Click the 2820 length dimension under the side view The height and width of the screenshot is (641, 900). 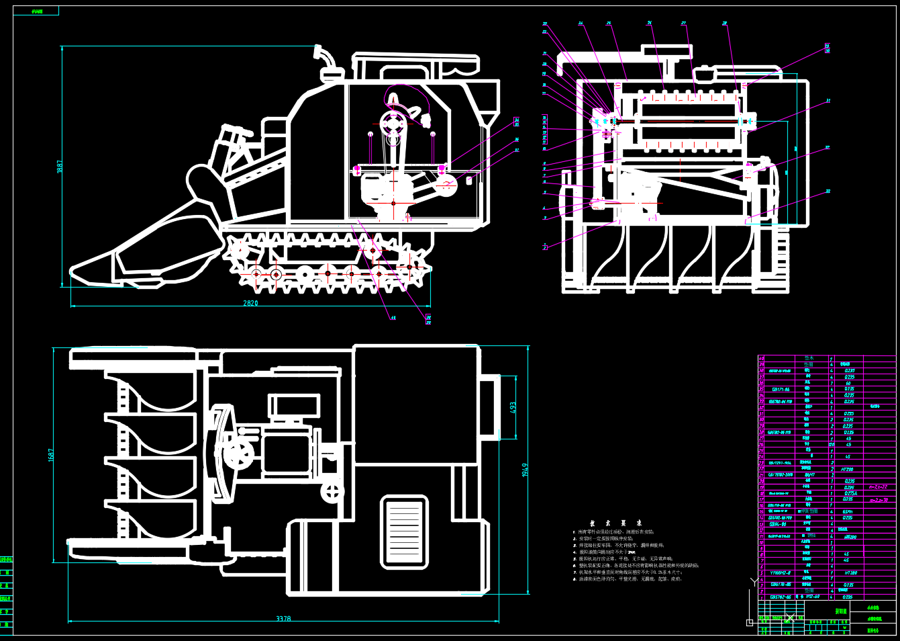[250, 303]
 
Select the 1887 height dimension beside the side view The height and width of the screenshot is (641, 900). [60, 167]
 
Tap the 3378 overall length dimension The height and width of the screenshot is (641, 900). [283, 619]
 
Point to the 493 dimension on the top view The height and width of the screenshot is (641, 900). [513, 408]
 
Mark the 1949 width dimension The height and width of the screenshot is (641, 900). [525, 470]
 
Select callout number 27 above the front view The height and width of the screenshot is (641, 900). [684, 24]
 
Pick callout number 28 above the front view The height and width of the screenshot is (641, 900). [725, 24]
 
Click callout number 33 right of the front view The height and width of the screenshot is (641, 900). [828, 191]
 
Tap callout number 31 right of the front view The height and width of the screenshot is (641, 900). [828, 101]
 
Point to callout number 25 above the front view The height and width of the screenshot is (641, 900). [609, 24]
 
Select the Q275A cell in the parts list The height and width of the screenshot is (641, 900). [850, 493]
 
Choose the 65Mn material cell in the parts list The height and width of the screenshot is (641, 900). [848, 511]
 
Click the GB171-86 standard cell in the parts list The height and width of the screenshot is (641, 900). [780, 389]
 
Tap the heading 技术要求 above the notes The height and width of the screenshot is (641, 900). [616, 523]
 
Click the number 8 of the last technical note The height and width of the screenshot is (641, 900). [574, 579]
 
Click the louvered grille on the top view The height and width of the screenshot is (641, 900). [405, 532]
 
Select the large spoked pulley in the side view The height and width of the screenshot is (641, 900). [393, 124]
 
